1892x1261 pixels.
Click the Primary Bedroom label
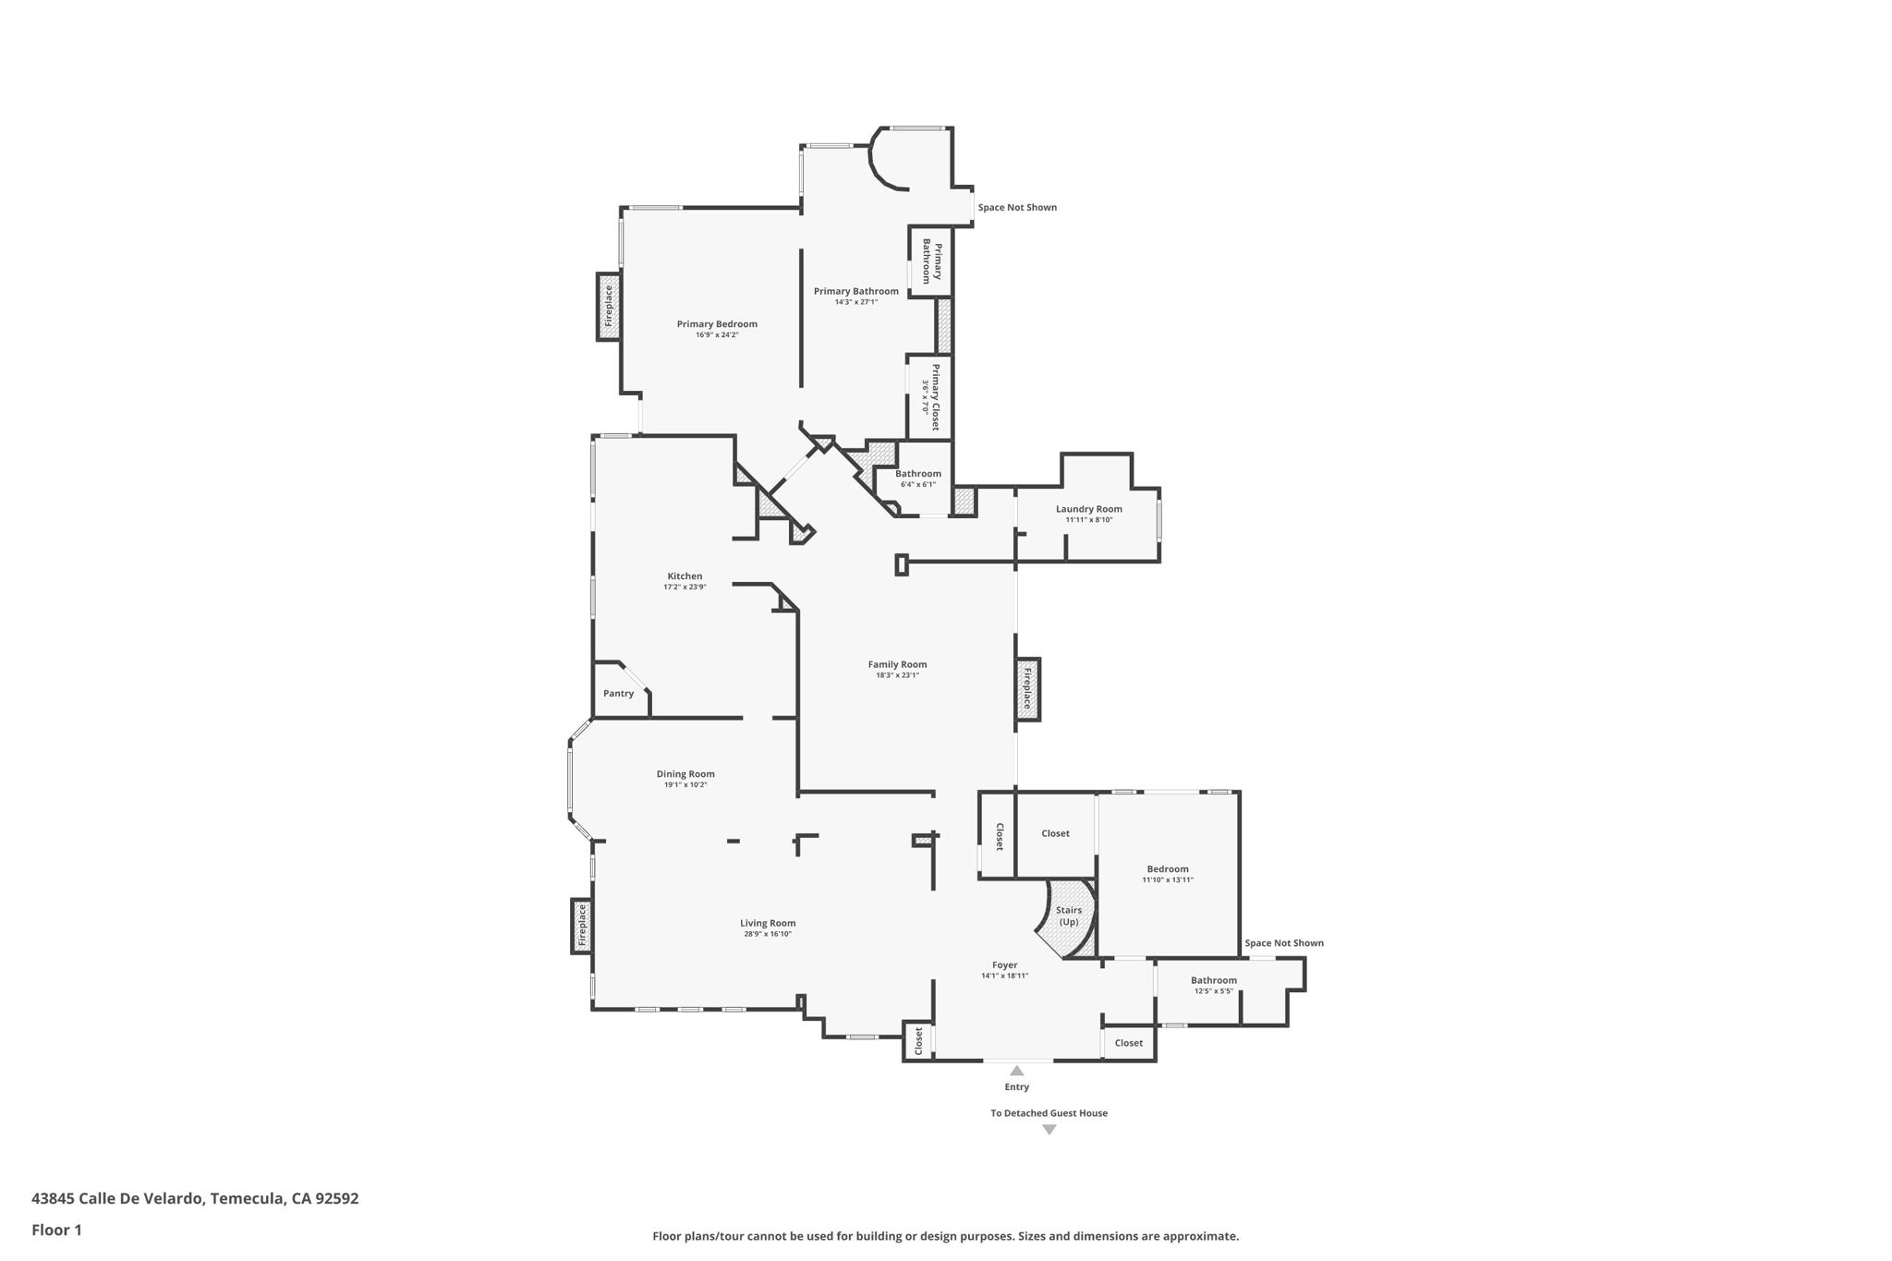tap(717, 324)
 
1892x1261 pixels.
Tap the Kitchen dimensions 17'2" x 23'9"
tap(685, 588)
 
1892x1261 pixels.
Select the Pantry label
tap(618, 694)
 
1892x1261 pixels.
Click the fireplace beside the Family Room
tap(1027, 689)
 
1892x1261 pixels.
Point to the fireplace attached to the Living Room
tap(582, 926)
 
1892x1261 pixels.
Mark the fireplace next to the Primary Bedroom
tap(608, 307)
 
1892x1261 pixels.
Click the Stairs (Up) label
tap(1069, 915)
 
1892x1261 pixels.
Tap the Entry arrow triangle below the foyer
tap(1016, 1071)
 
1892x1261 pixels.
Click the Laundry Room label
tap(1089, 509)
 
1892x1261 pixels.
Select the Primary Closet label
tap(934, 397)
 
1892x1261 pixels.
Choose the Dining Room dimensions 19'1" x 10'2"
tap(685, 785)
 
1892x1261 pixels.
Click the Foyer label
tap(1004, 965)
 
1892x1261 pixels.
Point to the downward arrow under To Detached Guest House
tap(1049, 1130)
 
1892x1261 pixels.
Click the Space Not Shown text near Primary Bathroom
tap(1017, 208)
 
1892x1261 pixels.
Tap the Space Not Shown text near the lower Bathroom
tap(1283, 943)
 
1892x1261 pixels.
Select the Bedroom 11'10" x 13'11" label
tap(1168, 869)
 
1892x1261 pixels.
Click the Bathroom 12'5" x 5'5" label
tap(1213, 981)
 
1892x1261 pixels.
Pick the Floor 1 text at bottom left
tap(57, 1230)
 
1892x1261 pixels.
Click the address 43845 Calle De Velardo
tap(195, 1198)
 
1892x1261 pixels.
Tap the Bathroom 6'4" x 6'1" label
tap(917, 474)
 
